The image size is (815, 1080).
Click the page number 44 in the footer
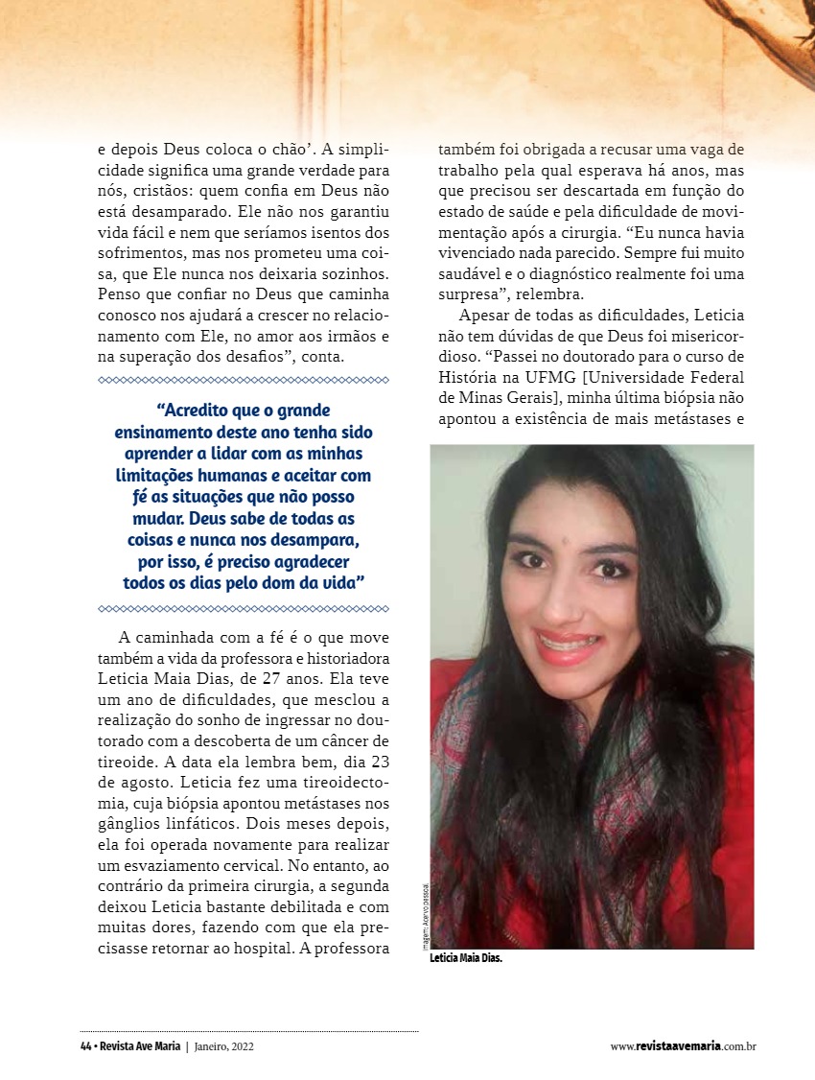85,1046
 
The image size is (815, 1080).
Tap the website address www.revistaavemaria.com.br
684,1046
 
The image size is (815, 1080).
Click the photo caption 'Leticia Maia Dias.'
466,957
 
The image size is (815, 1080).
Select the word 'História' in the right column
469,377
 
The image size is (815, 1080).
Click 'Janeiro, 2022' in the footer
223,1046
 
